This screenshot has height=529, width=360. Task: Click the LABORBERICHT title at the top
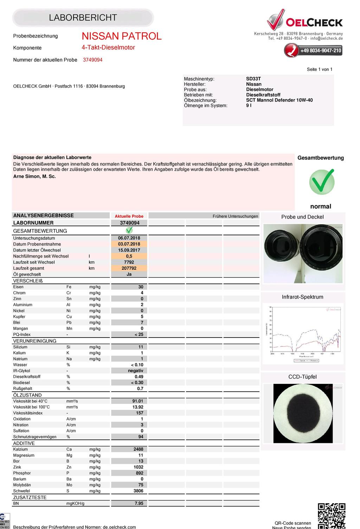click(x=83, y=18)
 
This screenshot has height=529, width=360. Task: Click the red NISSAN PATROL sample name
click(x=122, y=36)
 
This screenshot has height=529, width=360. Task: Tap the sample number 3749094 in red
click(x=93, y=60)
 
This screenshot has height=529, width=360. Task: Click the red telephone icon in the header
click(x=291, y=50)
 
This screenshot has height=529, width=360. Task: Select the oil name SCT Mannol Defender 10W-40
click(x=279, y=100)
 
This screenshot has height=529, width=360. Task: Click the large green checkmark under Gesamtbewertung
click(x=322, y=181)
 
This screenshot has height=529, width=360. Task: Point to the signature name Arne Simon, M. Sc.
click(x=34, y=176)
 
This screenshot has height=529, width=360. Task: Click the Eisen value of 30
click(x=141, y=287)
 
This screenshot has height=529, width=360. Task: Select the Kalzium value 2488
click(x=139, y=449)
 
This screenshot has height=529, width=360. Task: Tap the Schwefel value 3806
click(x=139, y=491)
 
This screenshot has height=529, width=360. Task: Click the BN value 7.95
click(x=139, y=503)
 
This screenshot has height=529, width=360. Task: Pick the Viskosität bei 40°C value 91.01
click(x=138, y=401)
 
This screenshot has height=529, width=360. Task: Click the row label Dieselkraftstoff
click(x=27, y=377)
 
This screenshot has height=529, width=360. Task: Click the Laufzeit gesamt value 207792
click(x=129, y=268)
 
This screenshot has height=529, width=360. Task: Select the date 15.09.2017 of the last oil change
click(x=129, y=250)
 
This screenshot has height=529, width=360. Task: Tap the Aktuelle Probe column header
click(x=129, y=216)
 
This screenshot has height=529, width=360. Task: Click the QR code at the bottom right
click(x=332, y=515)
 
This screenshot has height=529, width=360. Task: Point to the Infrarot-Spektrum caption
click(x=302, y=297)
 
